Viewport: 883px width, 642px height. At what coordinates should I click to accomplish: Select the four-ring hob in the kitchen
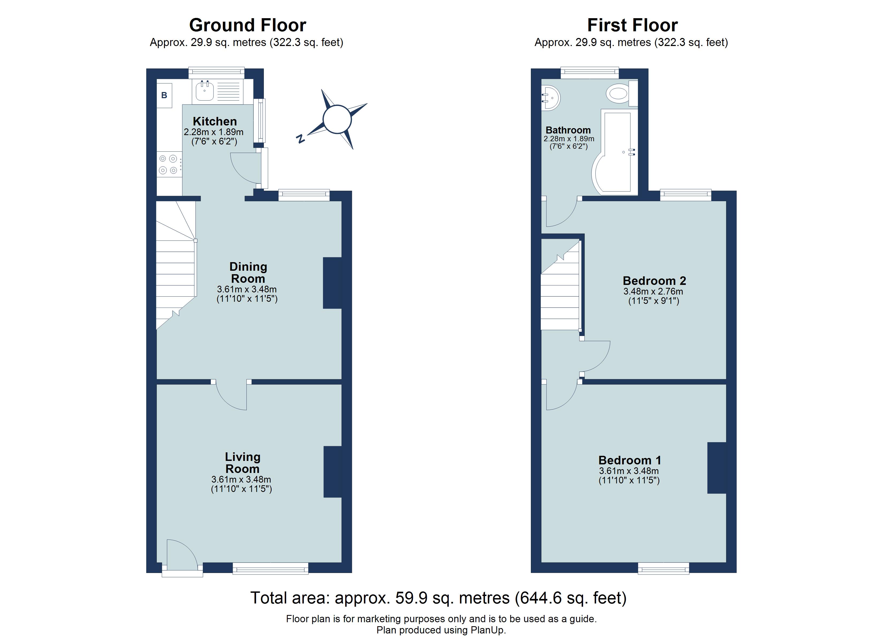pyautogui.click(x=169, y=164)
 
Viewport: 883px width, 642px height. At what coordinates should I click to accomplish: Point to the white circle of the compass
pyautogui.click(x=337, y=119)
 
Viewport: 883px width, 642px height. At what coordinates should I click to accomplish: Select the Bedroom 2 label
pyautogui.click(x=654, y=281)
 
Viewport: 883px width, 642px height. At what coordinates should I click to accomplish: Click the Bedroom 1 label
pyautogui.click(x=630, y=460)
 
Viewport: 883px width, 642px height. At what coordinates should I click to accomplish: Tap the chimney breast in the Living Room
pyautogui.click(x=333, y=472)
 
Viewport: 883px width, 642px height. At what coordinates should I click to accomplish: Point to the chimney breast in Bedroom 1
pyautogui.click(x=716, y=468)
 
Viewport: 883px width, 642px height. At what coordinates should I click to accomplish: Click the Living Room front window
pyautogui.click(x=271, y=569)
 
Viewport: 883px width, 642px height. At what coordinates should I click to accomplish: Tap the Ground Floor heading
pyautogui.click(x=247, y=25)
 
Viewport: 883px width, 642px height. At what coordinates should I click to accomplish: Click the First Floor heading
pyautogui.click(x=632, y=25)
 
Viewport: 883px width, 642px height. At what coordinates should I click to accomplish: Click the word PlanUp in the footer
pyautogui.click(x=487, y=630)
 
